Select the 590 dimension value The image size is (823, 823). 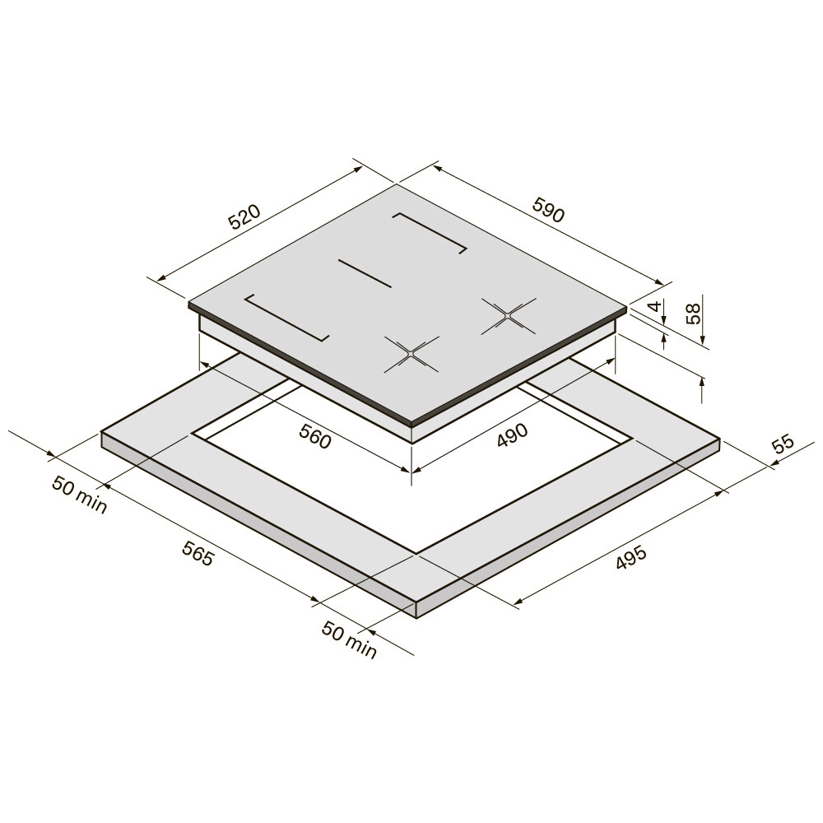click(x=548, y=209)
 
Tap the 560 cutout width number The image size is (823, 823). click(x=315, y=437)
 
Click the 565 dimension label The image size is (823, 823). click(x=198, y=553)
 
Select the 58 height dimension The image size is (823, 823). click(x=693, y=314)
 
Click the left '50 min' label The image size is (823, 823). click(x=79, y=494)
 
